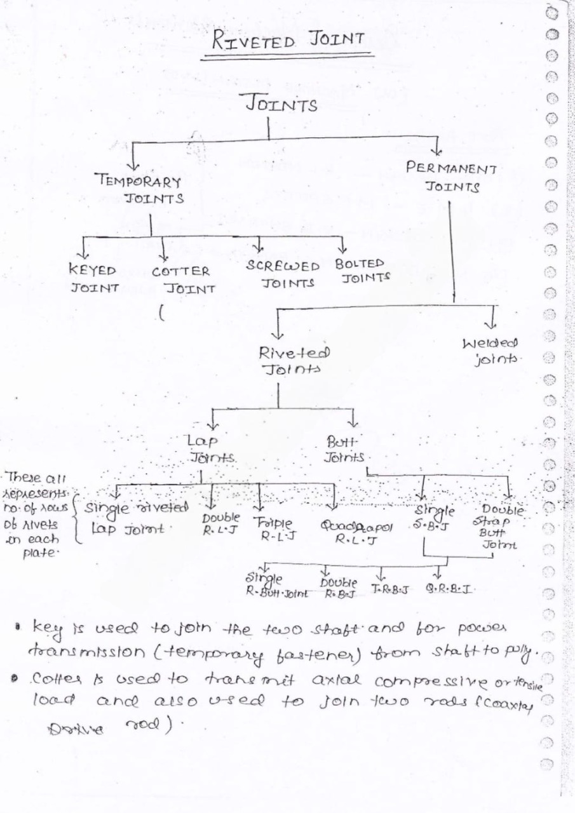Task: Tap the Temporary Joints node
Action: tap(137, 189)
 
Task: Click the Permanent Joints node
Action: tap(452, 178)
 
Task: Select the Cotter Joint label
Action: tap(182, 279)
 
